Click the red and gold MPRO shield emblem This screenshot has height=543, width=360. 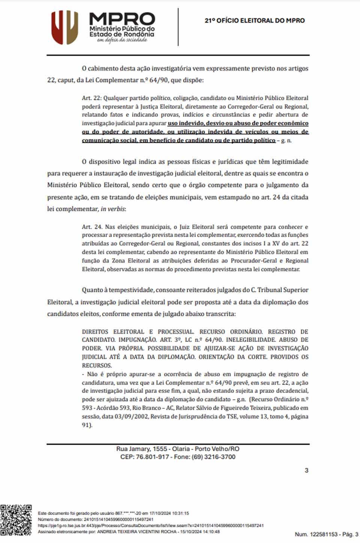[x=64, y=27]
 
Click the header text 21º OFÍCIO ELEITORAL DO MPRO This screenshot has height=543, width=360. [x=255, y=21]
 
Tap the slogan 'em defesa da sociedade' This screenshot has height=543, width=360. [x=122, y=40]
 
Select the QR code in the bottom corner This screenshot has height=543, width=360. [x=16, y=520]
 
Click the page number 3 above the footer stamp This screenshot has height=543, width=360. [x=306, y=470]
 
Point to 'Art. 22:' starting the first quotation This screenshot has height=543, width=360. [x=91, y=98]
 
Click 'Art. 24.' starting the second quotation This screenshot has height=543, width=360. [x=92, y=227]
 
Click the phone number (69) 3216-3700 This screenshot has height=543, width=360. [x=213, y=457]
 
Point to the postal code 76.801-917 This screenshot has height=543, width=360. [x=152, y=457]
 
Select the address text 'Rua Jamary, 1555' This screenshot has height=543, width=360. [x=141, y=449]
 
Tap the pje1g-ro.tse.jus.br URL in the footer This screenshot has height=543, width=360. [x=150, y=525]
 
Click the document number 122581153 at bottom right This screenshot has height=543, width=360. [x=322, y=534]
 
